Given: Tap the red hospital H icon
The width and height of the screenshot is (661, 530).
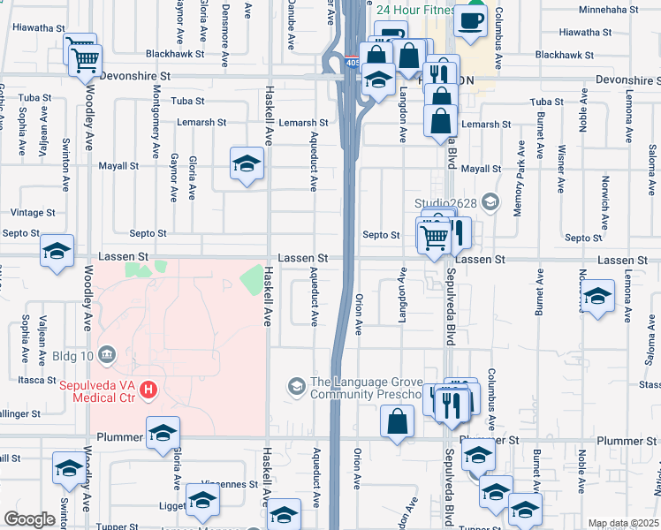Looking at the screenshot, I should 149,388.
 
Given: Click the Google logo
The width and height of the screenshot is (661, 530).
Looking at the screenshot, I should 29,519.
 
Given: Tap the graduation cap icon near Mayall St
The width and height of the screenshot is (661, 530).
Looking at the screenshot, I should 247,163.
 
